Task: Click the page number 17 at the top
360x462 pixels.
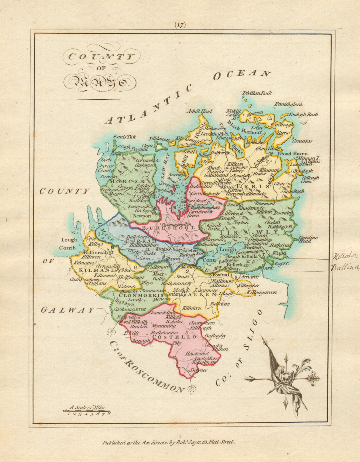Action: [x=180, y=25]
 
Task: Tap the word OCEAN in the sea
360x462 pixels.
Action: [x=242, y=74]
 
